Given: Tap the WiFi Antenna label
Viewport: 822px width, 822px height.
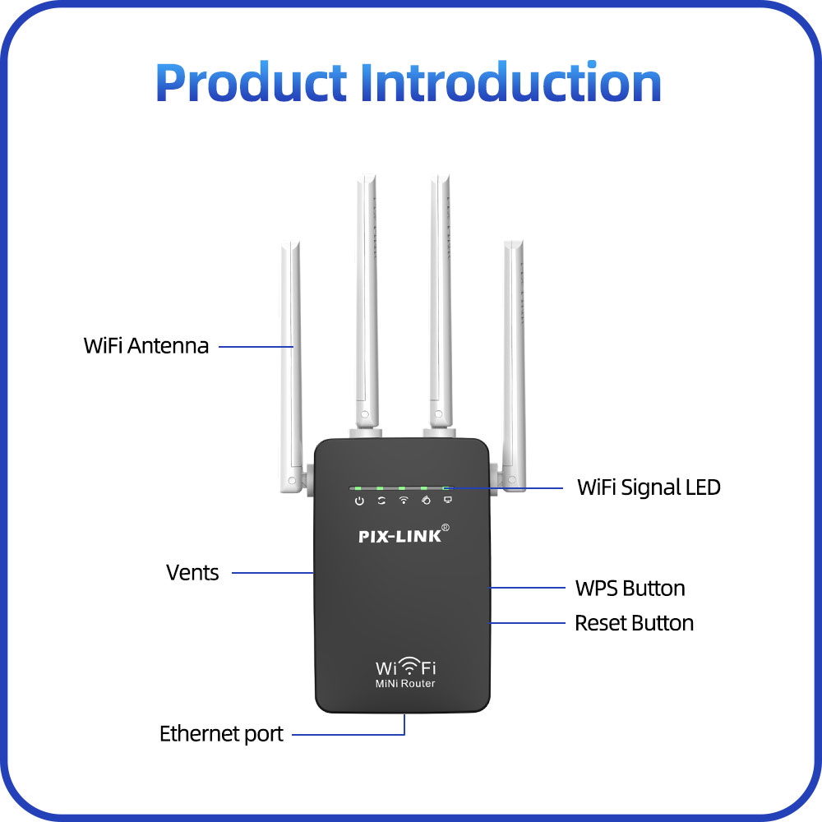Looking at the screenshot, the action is (x=145, y=346).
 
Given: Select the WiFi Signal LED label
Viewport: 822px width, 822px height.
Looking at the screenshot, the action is (x=649, y=487).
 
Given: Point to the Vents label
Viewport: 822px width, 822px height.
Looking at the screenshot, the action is (x=192, y=572).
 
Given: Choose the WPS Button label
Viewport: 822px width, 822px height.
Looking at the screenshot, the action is (x=630, y=589).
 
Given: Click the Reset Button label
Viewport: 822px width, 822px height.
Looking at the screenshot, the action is (x=635, y=623).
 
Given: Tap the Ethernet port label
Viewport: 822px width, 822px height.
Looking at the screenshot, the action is (x=221, y=734).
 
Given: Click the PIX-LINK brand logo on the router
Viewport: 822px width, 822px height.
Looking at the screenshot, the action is (x=400, y=536).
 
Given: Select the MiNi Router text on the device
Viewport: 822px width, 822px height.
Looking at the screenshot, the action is (x=405, y=684).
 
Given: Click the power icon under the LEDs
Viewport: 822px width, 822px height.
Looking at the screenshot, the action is (x=359, y=501).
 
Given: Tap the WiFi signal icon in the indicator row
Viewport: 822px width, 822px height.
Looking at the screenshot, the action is (x=403, y=501).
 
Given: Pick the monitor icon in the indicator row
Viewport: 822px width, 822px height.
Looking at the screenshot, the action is (x=448, y=500).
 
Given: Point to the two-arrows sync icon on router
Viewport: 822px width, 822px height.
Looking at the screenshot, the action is (x=381, y=501).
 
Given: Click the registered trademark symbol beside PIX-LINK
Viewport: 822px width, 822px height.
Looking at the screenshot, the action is (x=445, y=528).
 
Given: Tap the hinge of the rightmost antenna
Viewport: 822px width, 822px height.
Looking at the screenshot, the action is (x=511, y=480).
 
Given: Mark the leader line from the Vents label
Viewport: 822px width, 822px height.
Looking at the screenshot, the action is (x=273, y=573).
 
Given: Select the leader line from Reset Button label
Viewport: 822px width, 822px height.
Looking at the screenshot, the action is (x=528, y=623).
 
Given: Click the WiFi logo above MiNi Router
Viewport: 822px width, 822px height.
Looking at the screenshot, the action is (x=406, y=667).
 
